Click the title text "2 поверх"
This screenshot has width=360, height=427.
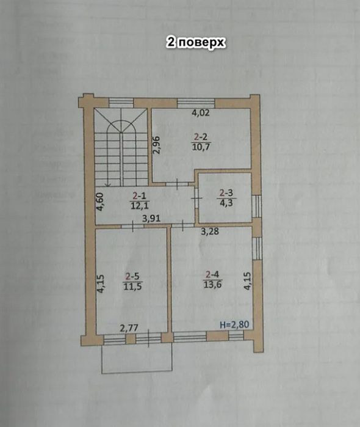pos(196,42)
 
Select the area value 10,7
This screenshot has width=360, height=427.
pos(201,148)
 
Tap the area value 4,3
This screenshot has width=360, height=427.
pos(226,202)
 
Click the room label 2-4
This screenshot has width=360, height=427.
pos(212,274)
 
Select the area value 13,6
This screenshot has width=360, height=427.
pos(212,283)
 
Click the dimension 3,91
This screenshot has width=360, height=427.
pos(152,217)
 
